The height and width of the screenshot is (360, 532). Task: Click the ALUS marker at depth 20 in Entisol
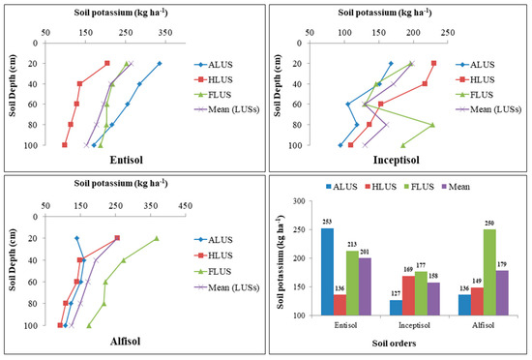(x=160, y=64)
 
